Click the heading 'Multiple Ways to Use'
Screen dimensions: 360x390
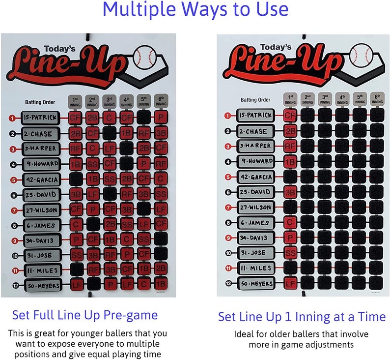[x=195, y=10]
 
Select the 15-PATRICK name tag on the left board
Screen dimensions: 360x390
[x=40, y=118]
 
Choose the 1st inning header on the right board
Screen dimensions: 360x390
[x=290, y=99]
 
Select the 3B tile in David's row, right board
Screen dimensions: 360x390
[x=290, y=192]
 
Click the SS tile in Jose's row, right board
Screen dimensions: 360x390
[x=290, y=253]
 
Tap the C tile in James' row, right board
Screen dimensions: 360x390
[x=290, y=222]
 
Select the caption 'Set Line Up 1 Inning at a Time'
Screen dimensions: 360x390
[x=302, y=316]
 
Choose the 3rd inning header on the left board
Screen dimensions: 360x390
[x=111, y=101]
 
